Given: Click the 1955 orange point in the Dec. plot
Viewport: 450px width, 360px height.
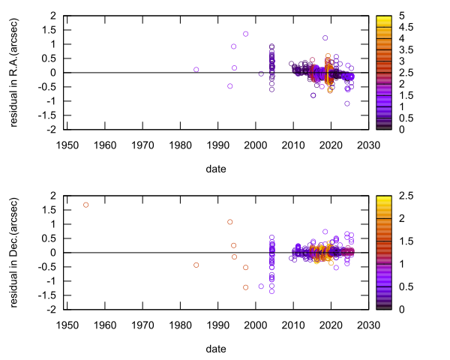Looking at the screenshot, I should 85,205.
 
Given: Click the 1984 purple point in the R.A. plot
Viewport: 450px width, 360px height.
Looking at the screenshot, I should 196,70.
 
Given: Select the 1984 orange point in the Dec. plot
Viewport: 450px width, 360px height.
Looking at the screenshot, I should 196,265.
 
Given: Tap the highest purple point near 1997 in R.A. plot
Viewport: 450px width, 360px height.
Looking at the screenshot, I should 245,34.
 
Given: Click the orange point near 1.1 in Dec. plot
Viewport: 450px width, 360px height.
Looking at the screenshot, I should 229,222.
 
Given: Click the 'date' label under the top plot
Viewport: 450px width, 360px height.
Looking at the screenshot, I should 217,169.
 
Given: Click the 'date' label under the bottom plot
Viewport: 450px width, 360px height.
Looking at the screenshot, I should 217,349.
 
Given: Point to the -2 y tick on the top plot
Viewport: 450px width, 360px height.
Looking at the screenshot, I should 52,130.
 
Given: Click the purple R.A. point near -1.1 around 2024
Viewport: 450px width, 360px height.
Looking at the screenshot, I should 347,103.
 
